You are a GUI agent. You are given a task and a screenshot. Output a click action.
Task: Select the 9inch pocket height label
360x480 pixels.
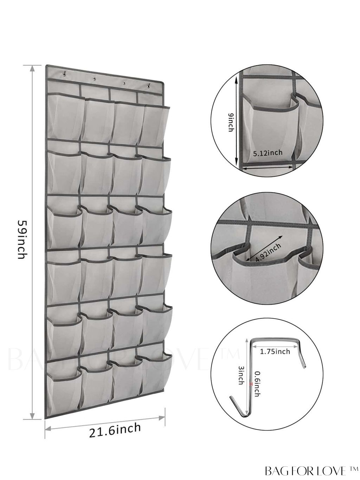[231, 122]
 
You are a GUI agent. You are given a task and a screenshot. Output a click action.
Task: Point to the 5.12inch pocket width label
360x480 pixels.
[268, 152]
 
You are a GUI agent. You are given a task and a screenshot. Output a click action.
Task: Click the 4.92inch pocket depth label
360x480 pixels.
[268, 252]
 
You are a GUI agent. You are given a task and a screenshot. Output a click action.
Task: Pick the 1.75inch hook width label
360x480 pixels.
[275, 351]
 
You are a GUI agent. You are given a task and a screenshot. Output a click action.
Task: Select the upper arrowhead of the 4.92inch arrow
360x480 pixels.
[281, 237]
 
